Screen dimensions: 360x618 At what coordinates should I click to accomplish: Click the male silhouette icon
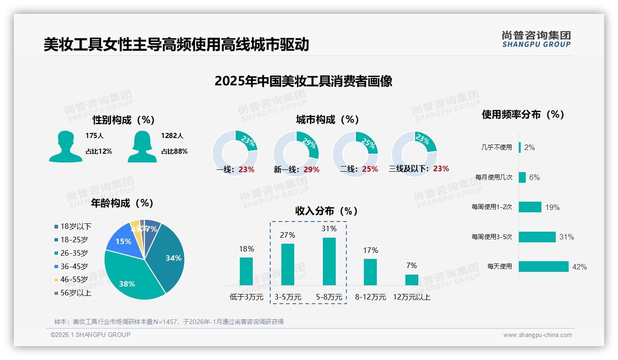pos(66,146)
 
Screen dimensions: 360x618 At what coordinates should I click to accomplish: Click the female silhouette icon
pos(142,146)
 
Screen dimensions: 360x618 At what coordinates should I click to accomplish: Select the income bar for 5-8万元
pos(329,261)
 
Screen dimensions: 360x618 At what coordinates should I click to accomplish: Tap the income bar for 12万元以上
pos(412,280)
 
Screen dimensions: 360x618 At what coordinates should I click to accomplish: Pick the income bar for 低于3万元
pos(246,271)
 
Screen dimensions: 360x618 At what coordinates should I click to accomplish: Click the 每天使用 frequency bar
pos(544,266)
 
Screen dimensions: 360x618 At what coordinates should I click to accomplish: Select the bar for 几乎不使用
pos(520,147)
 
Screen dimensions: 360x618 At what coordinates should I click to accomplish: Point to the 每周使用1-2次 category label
pos(492,207)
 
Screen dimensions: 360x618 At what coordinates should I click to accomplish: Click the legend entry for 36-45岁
pos(74,266)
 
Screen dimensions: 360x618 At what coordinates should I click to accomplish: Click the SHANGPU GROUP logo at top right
pos(536,39)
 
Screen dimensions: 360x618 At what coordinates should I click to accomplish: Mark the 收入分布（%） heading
pos(327,211)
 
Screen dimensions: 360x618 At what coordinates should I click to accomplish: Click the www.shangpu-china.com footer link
pos(537,335)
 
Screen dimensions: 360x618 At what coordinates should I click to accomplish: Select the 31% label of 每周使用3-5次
pos(566,237)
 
